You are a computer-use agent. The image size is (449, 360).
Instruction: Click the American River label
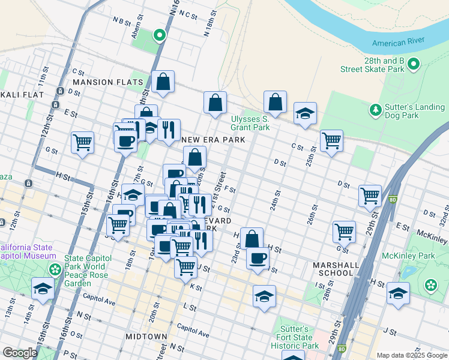pyautogui.click(x=398, y=43)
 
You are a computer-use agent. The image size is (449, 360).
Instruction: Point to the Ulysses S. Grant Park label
pyautogui.click(x=250, y=123)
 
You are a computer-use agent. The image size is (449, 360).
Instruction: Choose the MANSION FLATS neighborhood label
pyautogui.click(x=108, y=82)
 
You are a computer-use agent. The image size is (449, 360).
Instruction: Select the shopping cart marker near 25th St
pyautogui.click(x=331, y=141)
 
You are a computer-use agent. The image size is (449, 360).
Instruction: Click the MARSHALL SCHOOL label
pyautogui.click(x=333, y=269)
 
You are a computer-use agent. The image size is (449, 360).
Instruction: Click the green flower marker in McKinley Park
pyautogui.click(x=431, y=284)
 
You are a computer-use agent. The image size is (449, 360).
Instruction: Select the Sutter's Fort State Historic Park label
pyautogui.click(x=297, y=338)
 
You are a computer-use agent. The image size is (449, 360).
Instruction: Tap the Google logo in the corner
pyautogui.click(x=20, y=353)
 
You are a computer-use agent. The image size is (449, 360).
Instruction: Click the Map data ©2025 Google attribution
pyautogui.click(x=411, y=355)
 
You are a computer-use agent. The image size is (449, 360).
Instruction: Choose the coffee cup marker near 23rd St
pyautogui.click(x=258, y=258)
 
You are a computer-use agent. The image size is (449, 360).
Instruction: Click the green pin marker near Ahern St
pyautogui.click(x=159, y=36)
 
